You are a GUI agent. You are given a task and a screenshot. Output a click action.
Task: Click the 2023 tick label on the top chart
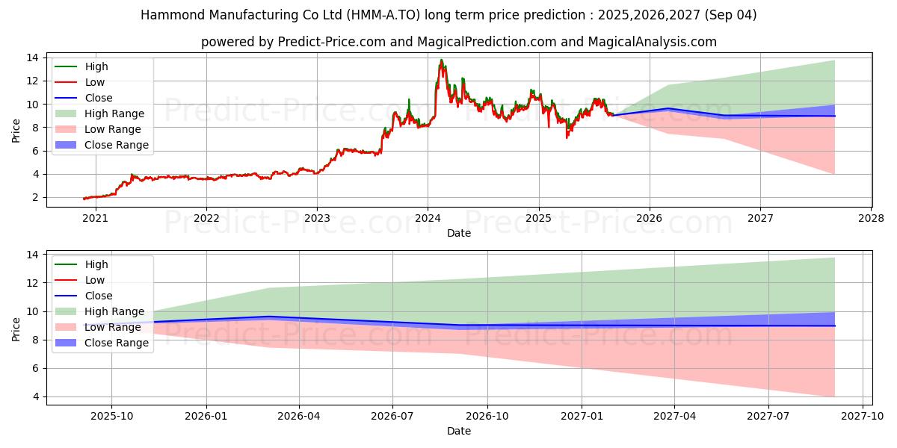click(x=317, y=219)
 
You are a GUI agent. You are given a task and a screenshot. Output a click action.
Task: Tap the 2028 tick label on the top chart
click(x=872, y=219)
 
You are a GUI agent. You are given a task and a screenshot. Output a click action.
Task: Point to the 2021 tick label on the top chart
click(x=95, y=219)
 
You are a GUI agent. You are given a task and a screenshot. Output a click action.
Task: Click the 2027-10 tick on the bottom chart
click(x=863, y=417)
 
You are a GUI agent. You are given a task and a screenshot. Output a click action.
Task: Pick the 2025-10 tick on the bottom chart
click(x=111, y=417)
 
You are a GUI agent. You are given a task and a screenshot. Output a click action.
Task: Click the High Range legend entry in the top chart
click(x=114, y=113)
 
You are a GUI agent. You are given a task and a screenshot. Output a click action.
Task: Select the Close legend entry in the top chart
click(x=99, y=98)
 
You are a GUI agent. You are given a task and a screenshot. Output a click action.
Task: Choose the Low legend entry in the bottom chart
click(x=95, y=280)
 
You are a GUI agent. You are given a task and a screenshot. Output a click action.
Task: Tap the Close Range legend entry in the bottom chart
click(x=117, y=343)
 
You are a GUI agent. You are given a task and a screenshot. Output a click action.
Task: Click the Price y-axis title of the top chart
click(x=16, y=131)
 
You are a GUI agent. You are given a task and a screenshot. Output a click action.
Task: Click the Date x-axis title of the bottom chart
click(x=459, y=431)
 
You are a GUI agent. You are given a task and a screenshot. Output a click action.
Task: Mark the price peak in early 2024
click(x=441, y=60)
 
